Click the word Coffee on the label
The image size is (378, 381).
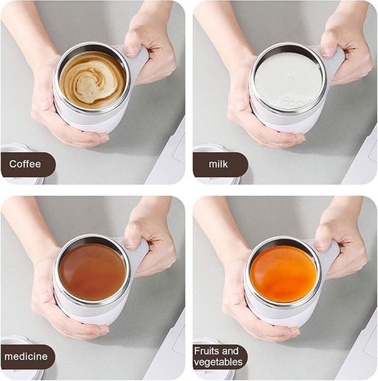coord(25,164)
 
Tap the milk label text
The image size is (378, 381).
coord(218,164)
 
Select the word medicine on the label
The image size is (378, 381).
coord(26,356)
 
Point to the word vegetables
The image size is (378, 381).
coord(218,362)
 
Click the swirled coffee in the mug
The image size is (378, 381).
coord(93,80)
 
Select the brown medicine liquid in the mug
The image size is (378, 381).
coord(93,272)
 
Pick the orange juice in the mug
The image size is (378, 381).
coord(283,274)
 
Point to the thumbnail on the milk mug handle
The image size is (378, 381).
coord(326,51)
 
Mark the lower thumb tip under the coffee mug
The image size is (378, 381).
coord(105,138)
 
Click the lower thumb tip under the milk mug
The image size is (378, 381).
coord(301,139)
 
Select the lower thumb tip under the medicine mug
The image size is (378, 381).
coord(104,330)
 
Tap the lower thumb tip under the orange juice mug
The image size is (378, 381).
coord(295,332)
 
